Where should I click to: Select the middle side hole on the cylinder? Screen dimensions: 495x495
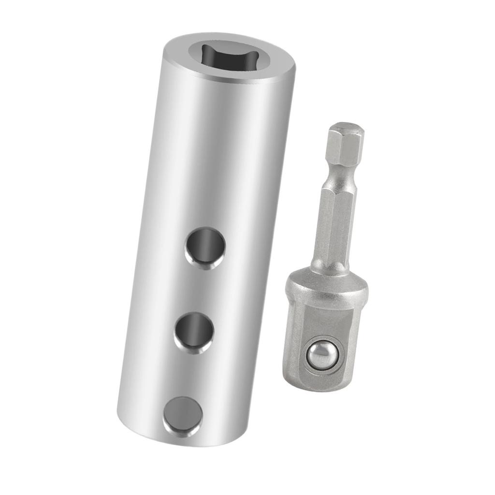[194, 332]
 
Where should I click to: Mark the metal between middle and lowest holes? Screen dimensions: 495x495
[189, 375]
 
